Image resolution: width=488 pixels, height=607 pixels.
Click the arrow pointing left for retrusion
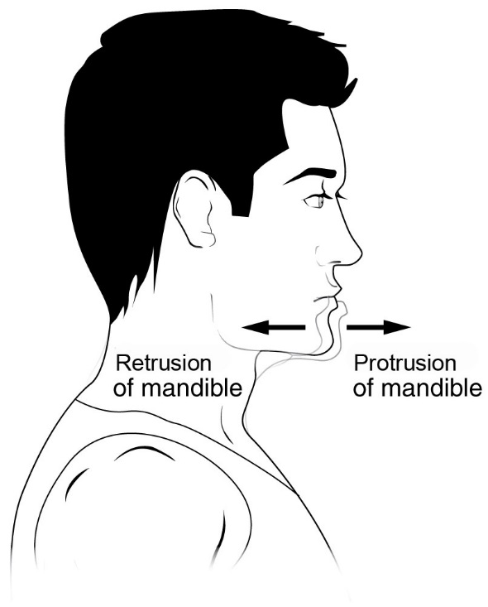(274, 327)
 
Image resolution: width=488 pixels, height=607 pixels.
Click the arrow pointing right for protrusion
(378, 327)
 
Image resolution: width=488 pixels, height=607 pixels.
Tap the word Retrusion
(164, 363)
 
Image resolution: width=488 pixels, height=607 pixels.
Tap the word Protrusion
(404, 363)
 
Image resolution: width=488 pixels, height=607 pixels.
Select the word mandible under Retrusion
(192, 388)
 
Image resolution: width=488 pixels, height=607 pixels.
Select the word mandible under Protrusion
(432, 388)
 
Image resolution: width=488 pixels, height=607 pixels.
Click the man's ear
(194, 210)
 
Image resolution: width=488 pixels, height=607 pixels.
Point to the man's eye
(315, 201)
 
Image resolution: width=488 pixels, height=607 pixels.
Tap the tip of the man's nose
(361, 253)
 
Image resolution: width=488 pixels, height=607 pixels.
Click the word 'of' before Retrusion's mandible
(124, 388)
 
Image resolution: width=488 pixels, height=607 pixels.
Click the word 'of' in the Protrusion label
(363, 388)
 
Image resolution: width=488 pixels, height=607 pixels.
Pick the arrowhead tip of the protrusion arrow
(410, 327)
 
